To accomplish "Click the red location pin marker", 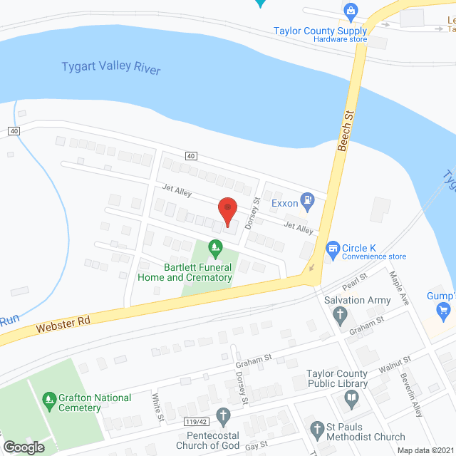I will (x=227, y=211).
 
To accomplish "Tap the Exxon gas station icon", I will (x=307, y=202).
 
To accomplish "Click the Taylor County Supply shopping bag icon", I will (x=350, y=11).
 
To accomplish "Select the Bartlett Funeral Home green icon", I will (x=214, y=248).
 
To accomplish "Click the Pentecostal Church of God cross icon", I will (x=224, y=415).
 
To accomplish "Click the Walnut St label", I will (x=396, y=365).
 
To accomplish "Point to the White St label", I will (x=156, y=405).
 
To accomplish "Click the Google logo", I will (x=24, y=447).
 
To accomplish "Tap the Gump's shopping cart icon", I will (x=444, y=309).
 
